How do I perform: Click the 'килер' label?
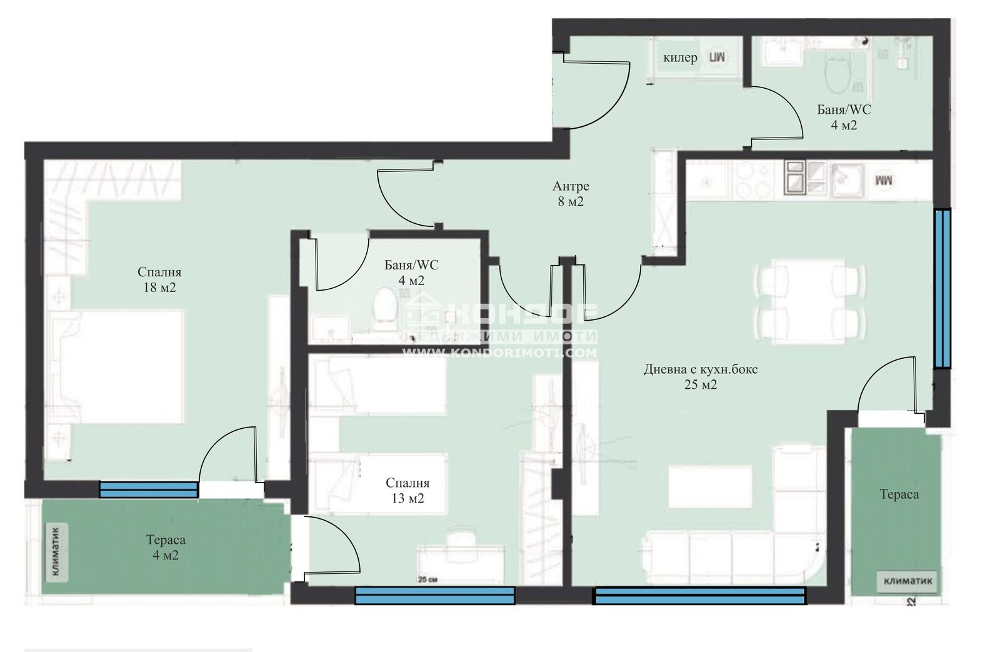[680, 58]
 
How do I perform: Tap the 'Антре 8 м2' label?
[570, 194]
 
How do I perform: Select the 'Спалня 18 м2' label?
[159, 279]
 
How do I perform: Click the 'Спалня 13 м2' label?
[407, 491]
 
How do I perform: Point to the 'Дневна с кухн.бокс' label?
[701, 369]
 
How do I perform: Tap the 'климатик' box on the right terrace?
[908, 581]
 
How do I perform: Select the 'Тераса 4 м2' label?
[166, 547]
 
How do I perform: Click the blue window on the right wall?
[942, 289]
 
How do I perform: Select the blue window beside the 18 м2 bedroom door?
[149, 489]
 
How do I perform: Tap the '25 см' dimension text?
[427, 579]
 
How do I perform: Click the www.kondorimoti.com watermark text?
[499, 353]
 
